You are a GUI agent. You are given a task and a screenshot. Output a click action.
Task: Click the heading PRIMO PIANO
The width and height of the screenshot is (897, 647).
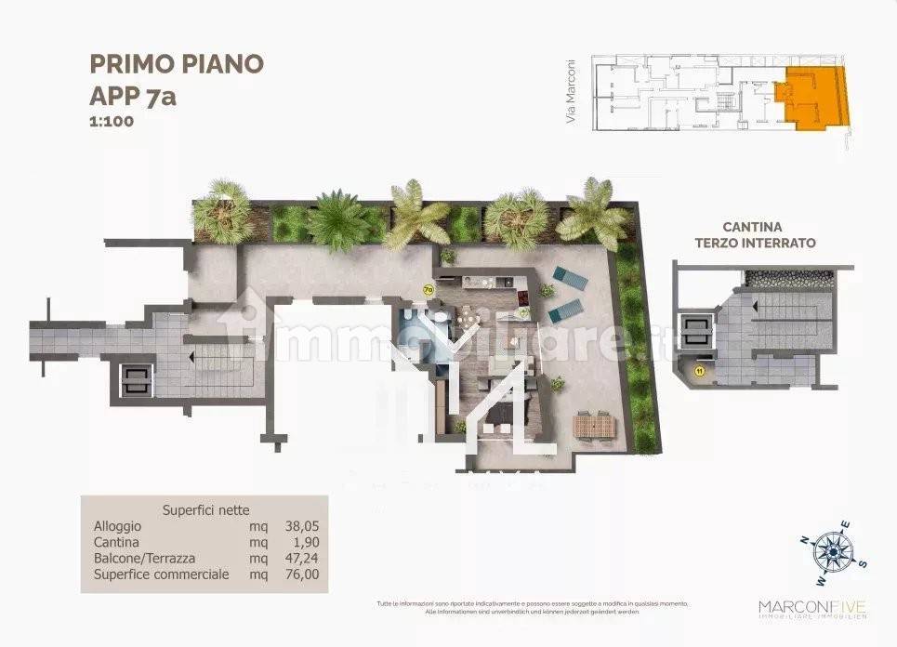click(177, 63)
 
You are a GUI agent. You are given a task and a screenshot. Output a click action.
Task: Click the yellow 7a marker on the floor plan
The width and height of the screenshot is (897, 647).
click(429, 289)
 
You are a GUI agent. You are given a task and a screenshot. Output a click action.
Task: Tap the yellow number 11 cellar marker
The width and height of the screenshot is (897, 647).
click(698, 371)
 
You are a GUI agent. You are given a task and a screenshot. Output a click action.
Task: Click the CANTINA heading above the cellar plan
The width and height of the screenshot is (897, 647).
click(752, 227)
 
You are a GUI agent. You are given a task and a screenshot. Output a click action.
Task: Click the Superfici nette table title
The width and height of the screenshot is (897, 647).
click(205, 509)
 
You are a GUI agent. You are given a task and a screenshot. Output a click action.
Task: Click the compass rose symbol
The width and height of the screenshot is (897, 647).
click(833, 548)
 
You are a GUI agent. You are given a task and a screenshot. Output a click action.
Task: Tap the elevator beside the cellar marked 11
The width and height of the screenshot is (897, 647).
click(695, 332)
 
